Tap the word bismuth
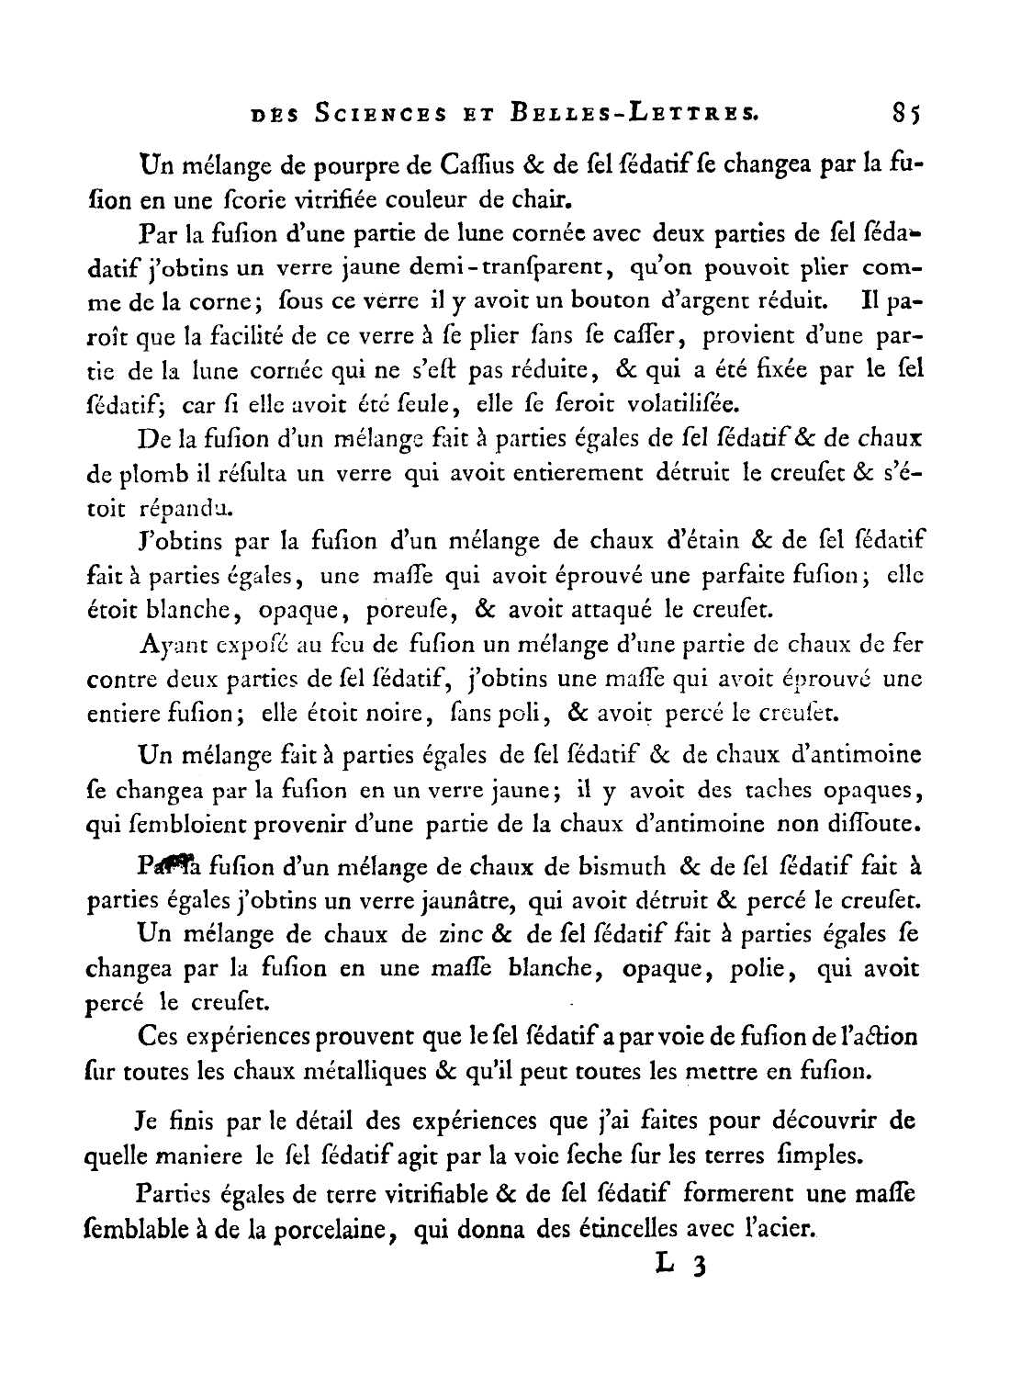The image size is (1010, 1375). pyautogui.click(x=622, y=867)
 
